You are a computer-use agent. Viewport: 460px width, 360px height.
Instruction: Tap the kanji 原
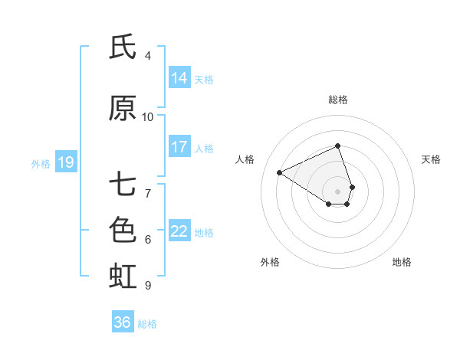(123, 109)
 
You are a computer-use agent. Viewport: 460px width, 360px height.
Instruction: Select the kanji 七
(123, 185)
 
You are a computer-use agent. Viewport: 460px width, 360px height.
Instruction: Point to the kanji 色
(123, 230)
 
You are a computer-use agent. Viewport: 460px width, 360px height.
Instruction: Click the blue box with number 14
(179, 78)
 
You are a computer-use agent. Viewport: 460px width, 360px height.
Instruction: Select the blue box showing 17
(179, 147)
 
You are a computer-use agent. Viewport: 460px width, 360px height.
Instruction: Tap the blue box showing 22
(179, 231)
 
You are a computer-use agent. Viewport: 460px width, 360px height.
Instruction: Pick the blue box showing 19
(65, 162)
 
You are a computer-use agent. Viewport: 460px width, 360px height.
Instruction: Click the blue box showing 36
(123, 322)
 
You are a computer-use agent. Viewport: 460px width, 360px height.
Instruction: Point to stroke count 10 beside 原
(148, 117)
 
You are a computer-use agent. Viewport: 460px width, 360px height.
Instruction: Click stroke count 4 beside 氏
(148, 56)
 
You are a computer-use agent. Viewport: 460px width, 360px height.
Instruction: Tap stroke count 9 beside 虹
(148, 286)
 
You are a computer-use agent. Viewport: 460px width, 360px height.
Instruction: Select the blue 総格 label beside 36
(147, 324)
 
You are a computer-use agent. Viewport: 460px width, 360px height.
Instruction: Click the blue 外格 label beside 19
(41, 163)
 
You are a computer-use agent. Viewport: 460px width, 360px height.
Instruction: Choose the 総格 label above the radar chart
(338, 100)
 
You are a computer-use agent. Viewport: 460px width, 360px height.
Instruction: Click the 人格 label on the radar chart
(245, 159)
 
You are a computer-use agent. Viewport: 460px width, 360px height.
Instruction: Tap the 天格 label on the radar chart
(431, 159)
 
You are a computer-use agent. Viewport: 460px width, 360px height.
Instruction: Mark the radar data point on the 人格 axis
(280, 172)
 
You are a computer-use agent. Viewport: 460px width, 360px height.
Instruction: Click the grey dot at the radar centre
(338, 191)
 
